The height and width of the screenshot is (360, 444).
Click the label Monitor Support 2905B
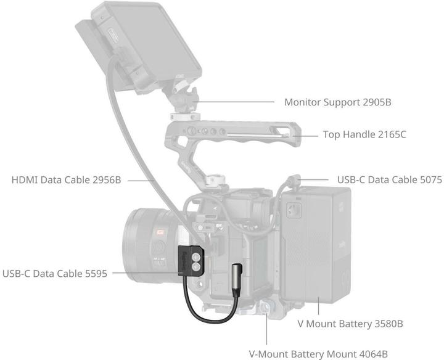(338, 102)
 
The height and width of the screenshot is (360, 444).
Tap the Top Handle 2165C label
(364, 134)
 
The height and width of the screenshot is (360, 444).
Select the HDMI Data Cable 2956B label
(66, 180)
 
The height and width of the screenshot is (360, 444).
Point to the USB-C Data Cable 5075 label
(390, 180)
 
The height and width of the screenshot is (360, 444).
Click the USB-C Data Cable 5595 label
(55, 274)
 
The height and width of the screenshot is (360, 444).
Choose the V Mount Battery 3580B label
(350, 324)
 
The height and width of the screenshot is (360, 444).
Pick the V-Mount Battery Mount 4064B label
(318, 354)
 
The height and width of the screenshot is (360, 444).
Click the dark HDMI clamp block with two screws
(191, 261)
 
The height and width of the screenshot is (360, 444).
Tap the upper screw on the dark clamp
(195, 257)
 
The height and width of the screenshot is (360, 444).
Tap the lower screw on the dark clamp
(195, 267)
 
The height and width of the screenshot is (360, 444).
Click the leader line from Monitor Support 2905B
(234, 102)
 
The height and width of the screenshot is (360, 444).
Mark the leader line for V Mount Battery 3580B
(319, 306)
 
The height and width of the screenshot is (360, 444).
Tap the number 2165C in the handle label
(392, 134)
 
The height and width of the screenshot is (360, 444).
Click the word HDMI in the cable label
(25, 180)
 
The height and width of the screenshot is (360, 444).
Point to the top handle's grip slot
(257, 136)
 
